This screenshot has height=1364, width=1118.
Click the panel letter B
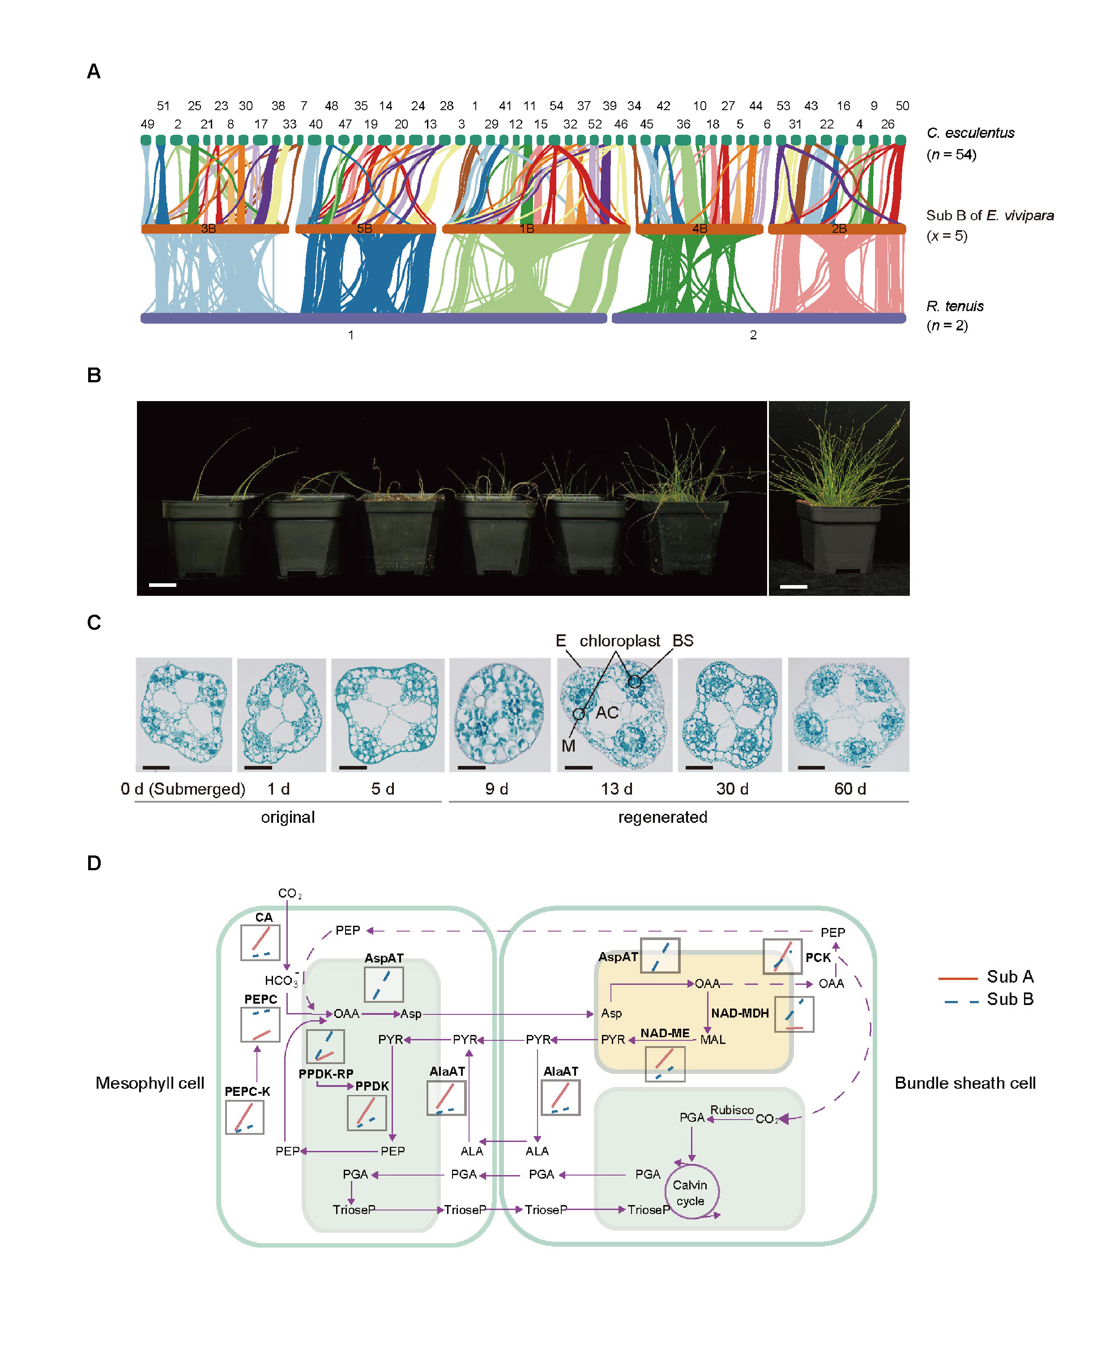click(94, 376)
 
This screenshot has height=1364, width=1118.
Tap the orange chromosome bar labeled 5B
click(365, 229)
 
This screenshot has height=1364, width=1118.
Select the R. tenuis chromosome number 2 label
click(753, 335)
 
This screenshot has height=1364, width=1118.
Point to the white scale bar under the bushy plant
click(794, 586)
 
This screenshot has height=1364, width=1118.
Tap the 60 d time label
click(850, 789)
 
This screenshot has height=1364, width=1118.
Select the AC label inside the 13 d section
click(606, 713)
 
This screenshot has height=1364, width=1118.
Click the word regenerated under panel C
click(663, 817)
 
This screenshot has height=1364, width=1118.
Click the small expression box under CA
click(260, 942)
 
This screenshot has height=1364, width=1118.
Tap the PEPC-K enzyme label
click(247, 1091)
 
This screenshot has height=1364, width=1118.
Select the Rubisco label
click(732, 1110)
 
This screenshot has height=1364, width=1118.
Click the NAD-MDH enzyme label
click(739, 1013)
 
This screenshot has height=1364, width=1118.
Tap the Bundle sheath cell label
click(965, 1083)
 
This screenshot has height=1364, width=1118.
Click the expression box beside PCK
click(782, 956)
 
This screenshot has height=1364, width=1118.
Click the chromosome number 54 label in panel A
click(556, 106)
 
